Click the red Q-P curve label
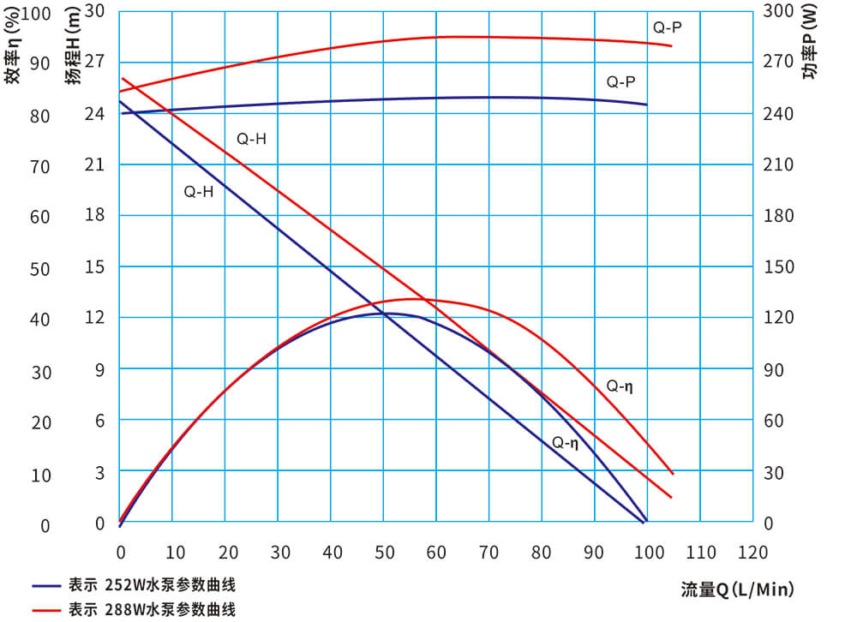668,27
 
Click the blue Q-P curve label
621,82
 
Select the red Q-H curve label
252,139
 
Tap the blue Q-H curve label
199,192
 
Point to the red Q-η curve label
620,386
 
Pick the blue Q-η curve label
566,443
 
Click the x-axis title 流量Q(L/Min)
737,589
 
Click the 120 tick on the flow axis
753,551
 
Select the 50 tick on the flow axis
383,551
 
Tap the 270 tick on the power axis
779,62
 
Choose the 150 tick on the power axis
779,267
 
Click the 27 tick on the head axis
94,62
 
